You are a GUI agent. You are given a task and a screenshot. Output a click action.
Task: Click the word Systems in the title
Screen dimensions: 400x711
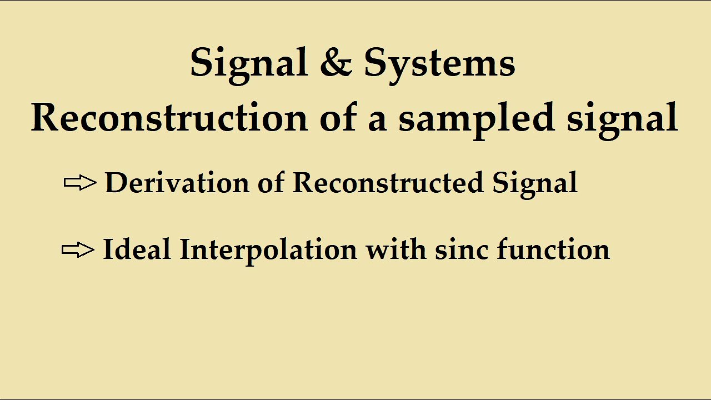tap(439, 63)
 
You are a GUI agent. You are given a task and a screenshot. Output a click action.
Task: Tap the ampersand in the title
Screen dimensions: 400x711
tap(336, 62)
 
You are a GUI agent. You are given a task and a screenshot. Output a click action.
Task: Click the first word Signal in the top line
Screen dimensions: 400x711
tap(248, 63)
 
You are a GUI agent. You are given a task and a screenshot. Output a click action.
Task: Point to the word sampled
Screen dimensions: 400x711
tap(477, 117)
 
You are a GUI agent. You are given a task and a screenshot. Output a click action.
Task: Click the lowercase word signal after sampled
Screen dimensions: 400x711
tap(622, 117)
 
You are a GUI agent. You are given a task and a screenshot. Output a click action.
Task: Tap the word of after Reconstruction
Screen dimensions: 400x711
tap(338, 117)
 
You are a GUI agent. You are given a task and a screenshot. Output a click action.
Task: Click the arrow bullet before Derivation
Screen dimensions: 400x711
tap(80, 183)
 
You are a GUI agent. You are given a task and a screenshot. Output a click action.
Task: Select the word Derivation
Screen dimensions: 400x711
tap(177, 182)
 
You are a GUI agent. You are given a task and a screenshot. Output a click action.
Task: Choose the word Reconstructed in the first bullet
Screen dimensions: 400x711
tap(388, 182)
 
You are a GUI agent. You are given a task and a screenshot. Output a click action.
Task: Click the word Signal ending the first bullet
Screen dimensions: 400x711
tap(534, 182)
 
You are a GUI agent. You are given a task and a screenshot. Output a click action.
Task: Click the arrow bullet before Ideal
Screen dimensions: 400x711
tap(78, 249)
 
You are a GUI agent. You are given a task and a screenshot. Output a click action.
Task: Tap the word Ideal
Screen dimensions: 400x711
tap(136, 249)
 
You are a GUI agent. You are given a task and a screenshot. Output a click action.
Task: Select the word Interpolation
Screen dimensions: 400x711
tap(268, 249)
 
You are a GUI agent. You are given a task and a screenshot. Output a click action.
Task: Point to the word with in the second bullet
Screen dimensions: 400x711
tap(396, 249)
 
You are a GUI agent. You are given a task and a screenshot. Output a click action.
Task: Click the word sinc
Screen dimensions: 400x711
tap(462, 249)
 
